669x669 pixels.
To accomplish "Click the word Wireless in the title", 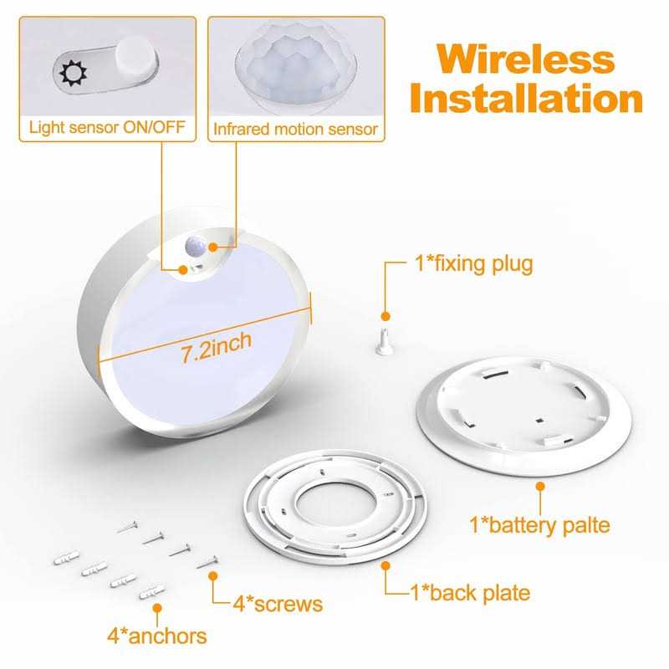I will click(x=525, y=59).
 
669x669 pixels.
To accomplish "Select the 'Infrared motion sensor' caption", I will click(x=295, y=130).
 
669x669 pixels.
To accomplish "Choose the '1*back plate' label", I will click(x=470, y=593).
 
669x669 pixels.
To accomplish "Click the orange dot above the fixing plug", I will click(x=386, y=316).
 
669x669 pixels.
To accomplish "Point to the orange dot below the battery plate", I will click(x=539, y=486).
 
